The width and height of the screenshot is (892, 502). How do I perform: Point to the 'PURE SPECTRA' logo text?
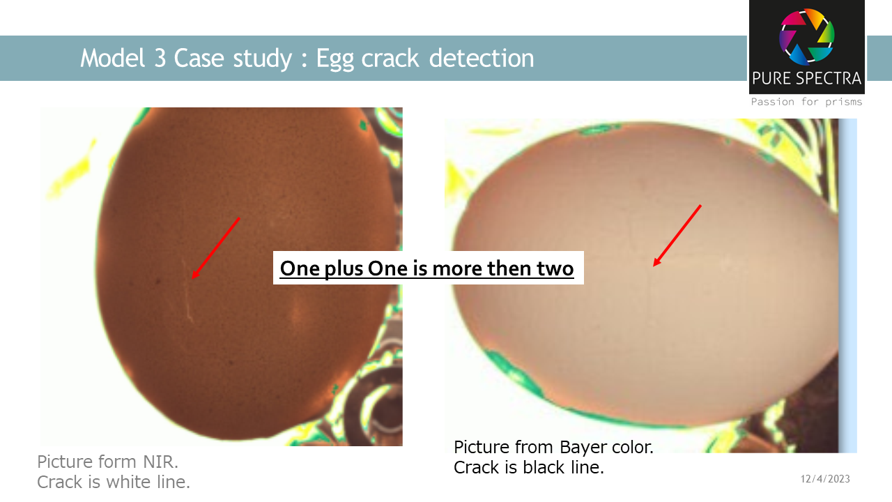807,78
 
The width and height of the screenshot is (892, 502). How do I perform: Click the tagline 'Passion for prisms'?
806,102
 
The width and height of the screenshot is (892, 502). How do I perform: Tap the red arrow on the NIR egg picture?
215,248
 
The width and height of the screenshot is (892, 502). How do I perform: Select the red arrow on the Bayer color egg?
677,236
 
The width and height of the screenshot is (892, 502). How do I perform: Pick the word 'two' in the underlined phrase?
555,268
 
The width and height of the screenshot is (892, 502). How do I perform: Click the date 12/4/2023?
825,479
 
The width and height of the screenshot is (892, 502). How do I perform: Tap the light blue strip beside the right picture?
848,286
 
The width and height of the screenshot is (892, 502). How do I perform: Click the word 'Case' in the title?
197,58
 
